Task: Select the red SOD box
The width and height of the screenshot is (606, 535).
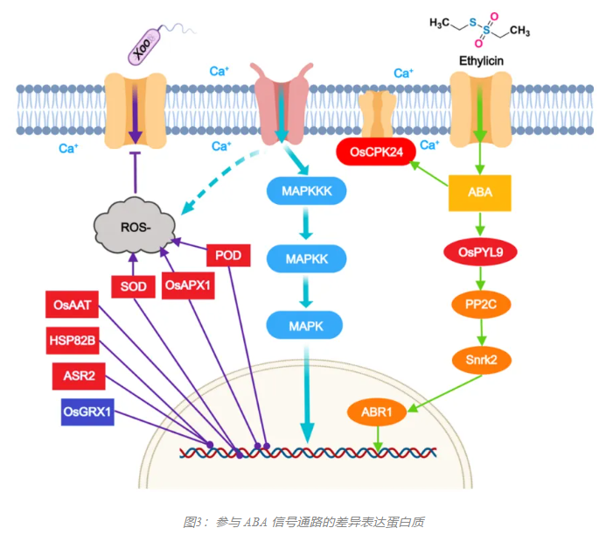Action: tap(133, 285)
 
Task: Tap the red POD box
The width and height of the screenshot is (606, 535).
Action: tap(228, 255)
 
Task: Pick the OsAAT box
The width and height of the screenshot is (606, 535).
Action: tap(73, 306)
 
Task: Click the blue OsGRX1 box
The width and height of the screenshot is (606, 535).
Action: tap(87, 410)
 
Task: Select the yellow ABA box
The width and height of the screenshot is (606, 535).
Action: tap(479, 191)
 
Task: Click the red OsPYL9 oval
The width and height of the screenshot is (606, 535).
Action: tap(479, 252)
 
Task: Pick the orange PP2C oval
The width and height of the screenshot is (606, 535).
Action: tap(479, 305)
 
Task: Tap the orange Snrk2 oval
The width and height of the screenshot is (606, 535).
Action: tap(479, 358)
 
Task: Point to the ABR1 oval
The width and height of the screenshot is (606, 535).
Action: tap(378, 410)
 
